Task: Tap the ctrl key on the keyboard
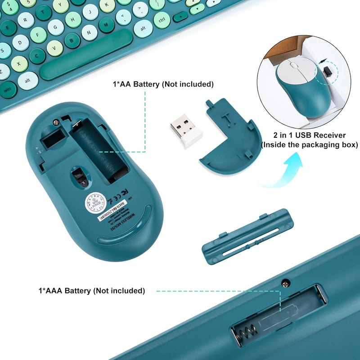click(162, 20)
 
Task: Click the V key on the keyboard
click(54, 46)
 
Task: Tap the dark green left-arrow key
click(180, 17)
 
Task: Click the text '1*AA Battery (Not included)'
click(163, 84)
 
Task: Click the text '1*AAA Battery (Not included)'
click(91, 291)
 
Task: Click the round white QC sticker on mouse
click(96, 202)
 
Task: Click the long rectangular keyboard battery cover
click(247, 237)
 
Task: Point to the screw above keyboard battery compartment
click(285, 282)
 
